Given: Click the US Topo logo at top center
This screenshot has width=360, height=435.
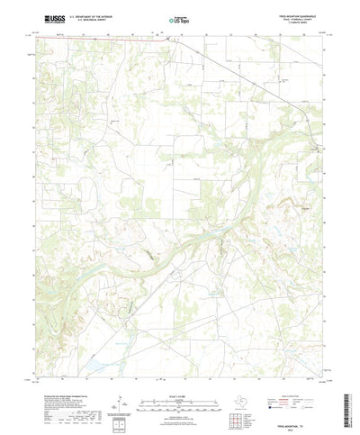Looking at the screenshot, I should (180, 18).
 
